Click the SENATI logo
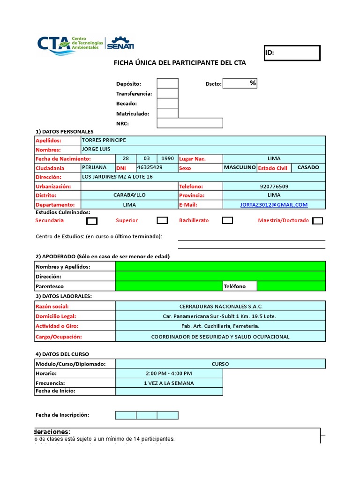(120, 43)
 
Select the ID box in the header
(292, 53)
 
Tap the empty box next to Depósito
(167, 83)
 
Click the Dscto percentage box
(240, 83)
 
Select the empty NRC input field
(190, 123)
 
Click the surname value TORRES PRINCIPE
(104, 140)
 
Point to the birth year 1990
(167, 159)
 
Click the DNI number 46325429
(150, 167)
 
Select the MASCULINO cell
(240, 167)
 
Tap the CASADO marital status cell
(308, 167)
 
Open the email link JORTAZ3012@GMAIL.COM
(274, 204)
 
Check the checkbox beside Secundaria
(92, 221)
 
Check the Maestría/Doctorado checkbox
(317, 221)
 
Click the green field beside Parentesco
(169, 286)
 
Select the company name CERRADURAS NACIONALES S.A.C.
(220, 306)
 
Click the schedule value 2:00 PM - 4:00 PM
(169, 373)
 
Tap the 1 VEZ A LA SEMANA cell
(169, 382)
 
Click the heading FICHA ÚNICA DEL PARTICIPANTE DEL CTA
(180, 63)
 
